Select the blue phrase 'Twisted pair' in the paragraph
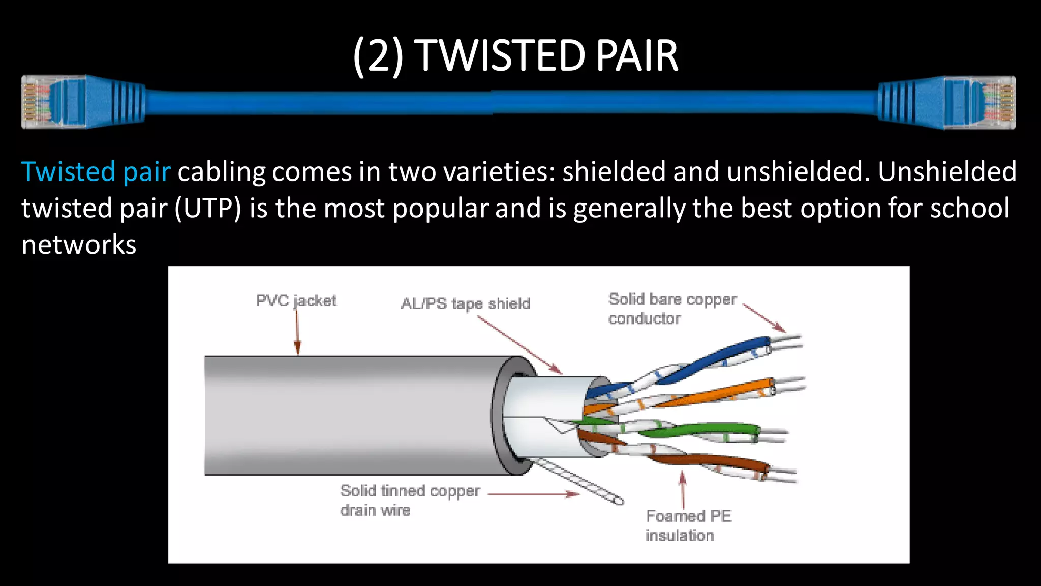pyautogui.click(x=96, y=171)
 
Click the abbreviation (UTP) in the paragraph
pyautogui.click(x=208, y=208)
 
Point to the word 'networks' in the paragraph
pyautogui.click(x=79, y=245)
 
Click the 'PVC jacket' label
pyautogui.click(x=296, y=301)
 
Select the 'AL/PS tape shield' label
pyautogui.click(x=465, y=304)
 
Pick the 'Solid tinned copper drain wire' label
pyautogui.click(x=410, y=500)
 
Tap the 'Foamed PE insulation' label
pyautogui.click(x=688, y=525)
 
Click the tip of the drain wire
pyautogui.click(x=619, y=501)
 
